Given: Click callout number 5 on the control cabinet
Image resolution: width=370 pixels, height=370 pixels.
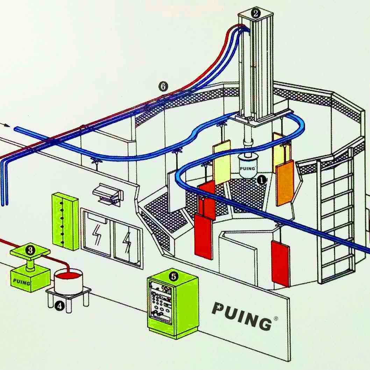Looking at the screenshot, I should point(173,276).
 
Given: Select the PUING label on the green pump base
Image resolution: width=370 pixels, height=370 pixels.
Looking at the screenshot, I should point(21,280).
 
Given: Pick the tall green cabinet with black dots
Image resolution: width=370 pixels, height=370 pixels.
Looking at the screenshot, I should point(65,221).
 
